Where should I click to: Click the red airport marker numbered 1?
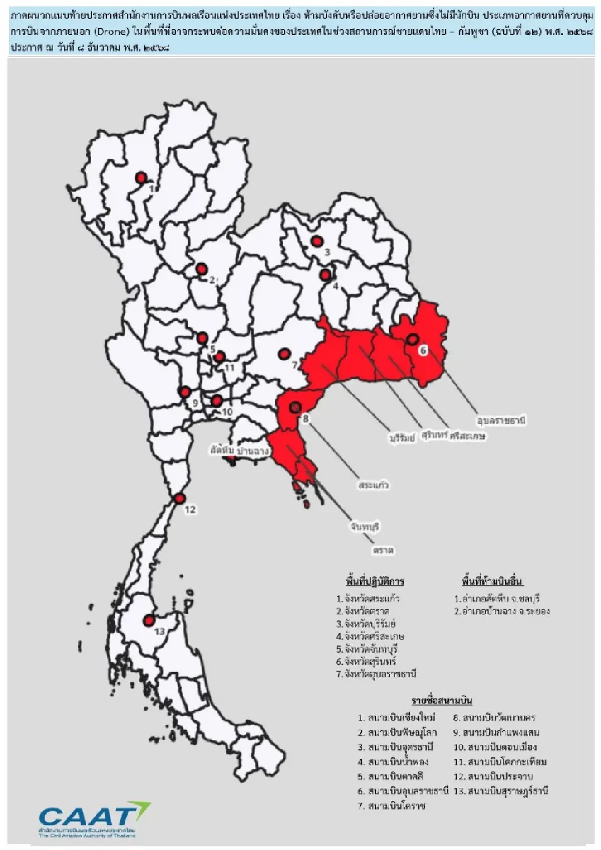point(141,177)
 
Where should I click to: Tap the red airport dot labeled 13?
point(148,621)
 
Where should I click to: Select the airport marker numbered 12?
point(179,499)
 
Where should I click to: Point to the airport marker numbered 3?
point(316,241)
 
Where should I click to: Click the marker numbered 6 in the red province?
point(412,339)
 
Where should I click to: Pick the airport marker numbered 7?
point(284,354)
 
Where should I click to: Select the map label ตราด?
point(383,550)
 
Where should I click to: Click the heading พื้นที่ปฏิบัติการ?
point(375,582)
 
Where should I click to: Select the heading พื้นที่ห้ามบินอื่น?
point(492,582)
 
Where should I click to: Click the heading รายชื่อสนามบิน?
point(442,700)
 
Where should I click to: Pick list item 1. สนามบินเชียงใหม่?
point(397,718)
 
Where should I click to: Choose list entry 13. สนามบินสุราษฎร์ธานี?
point(500,791)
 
